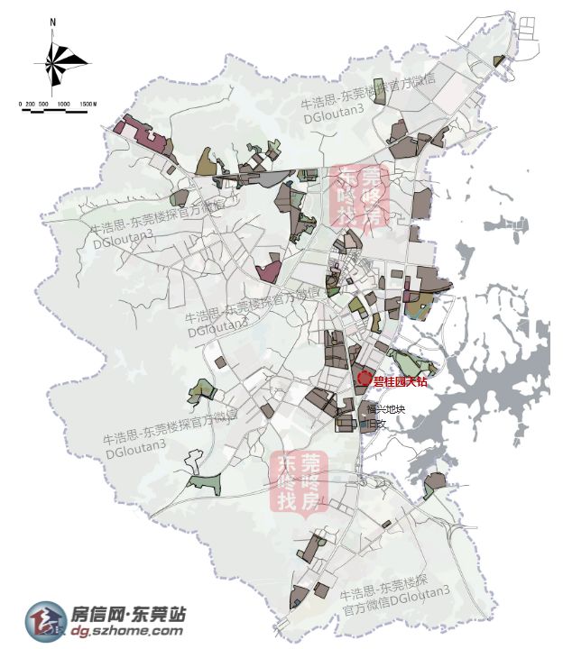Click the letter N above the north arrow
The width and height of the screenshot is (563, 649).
click(x=54, y=21)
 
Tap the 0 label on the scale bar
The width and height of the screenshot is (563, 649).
click(x=21, y=105)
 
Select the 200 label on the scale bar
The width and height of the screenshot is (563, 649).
click(x=32, y=105)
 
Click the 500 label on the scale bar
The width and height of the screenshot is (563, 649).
click(x=44, y=105)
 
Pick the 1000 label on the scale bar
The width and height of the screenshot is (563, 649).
click(x=63, y=105)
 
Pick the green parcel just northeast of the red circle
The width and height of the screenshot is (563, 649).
click(x=411, y=363)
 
